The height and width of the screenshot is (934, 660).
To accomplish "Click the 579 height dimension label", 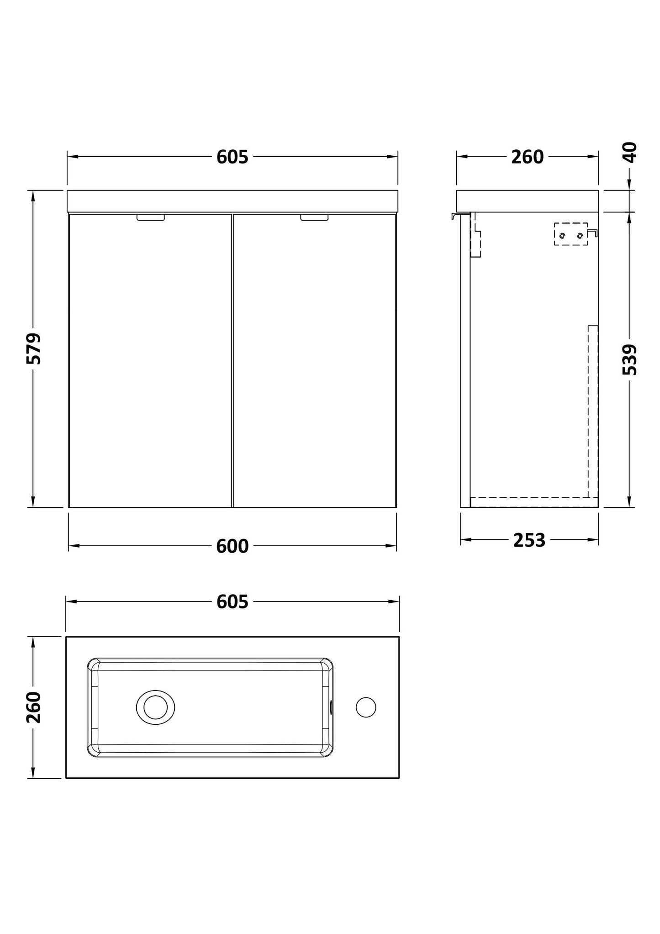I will coord(34,348).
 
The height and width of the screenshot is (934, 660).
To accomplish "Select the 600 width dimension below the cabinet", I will coord(232,546).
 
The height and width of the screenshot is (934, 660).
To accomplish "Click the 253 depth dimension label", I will coord(529,540).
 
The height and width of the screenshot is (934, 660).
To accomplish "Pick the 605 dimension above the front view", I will coord(232,157).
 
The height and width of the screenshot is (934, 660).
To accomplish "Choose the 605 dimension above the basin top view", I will coord(232,602).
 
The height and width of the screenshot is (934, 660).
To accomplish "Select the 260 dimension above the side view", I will coord(527,157).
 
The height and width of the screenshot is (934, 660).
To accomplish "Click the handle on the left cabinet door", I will coord(150,218).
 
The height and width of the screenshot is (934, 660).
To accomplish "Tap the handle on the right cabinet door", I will coord(314,218).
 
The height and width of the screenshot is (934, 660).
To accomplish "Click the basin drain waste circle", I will coord(155,707).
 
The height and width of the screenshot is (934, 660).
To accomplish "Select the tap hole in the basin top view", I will coord(366,707).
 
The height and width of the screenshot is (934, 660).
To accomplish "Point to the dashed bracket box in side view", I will coord(571,234).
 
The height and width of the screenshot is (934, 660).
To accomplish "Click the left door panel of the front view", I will coord(150,361).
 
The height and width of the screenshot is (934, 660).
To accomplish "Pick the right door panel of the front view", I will coord(314,361).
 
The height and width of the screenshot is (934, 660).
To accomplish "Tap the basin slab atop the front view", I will coord(232,201).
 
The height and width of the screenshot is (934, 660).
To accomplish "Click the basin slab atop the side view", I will coord(527,201).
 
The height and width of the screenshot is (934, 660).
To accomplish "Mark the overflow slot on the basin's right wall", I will coord(331,707).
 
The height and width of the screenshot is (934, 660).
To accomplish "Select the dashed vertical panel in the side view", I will coord(593,411).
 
